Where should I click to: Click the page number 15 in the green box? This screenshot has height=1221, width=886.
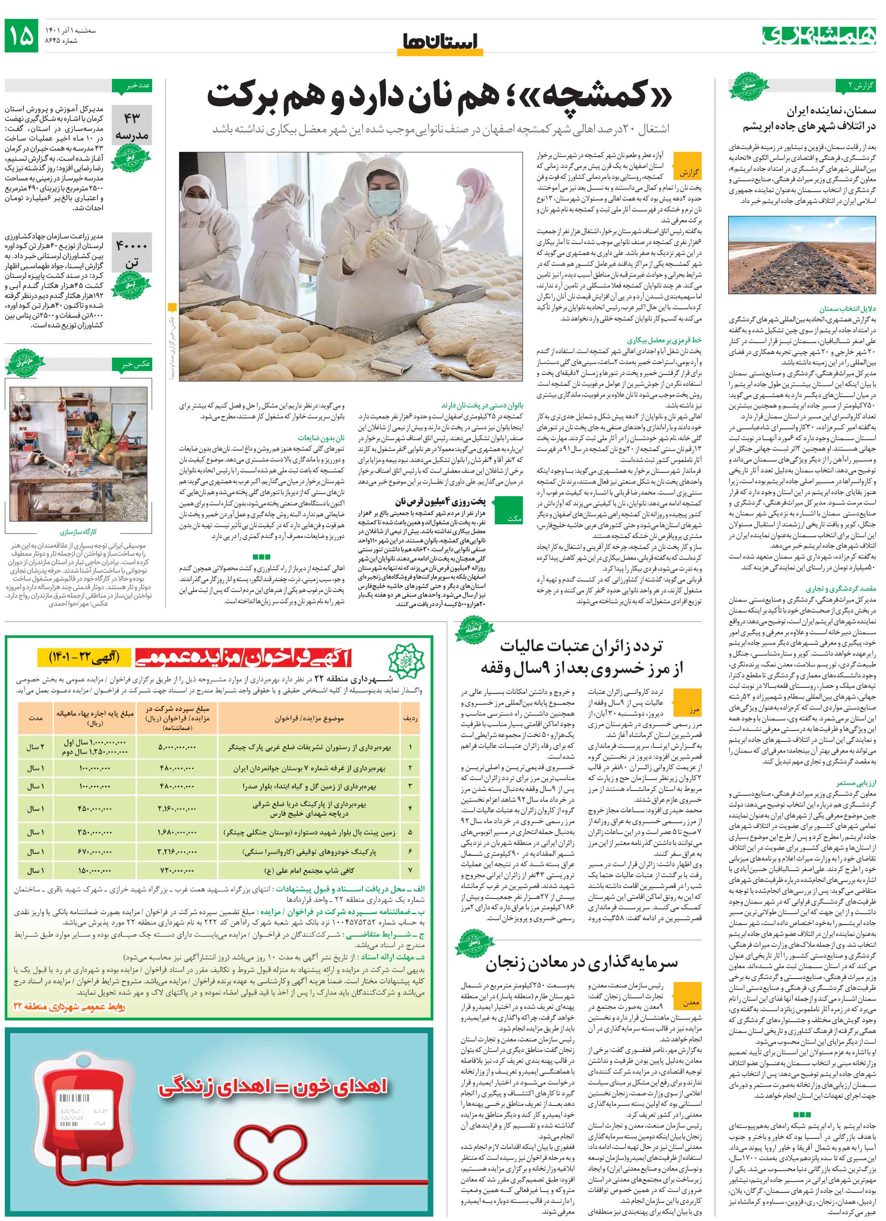[x=21, y=35]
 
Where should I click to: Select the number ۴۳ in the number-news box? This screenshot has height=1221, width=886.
[x=132, y=117]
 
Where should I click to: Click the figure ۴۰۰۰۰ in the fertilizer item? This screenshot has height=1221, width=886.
[x=132, y=246]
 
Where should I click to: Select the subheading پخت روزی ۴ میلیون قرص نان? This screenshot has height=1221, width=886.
[x=440, y=501]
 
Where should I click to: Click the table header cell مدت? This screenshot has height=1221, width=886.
[x=35, y=718]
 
